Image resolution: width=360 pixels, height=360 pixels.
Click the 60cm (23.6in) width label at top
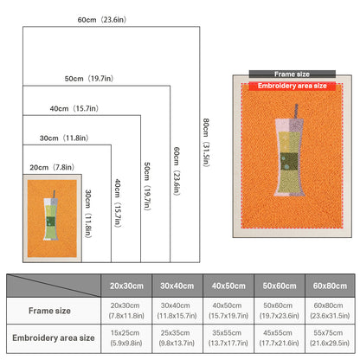pos(102,20)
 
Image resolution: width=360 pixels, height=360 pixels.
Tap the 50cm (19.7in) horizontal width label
pos(89,79)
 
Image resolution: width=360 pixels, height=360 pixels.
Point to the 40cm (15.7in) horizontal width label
pos(74,108)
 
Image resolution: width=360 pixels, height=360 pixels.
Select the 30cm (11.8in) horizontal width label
pos(64,138)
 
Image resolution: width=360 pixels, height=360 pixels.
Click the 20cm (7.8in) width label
pos(52,167)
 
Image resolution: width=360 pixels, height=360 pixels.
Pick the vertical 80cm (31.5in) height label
pos(206,142)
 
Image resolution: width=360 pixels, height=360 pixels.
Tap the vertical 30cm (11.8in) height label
pos(88,214)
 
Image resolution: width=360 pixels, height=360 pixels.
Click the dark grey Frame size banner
pos(292,74)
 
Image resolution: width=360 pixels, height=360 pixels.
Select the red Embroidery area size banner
pos(292,86)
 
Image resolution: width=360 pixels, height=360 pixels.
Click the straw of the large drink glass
pos(296,112)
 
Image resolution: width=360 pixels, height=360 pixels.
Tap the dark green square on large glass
pos(289,162)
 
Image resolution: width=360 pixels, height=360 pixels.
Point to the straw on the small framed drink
pos(54,194)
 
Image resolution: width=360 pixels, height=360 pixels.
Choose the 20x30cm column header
pos(126,286)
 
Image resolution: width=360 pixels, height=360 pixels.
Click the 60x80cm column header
pos(330,286)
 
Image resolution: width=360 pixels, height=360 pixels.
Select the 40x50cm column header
pos(228,286)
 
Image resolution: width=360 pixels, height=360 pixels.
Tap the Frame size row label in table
pos(49,311)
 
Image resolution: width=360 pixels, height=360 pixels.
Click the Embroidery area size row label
pos(54,337)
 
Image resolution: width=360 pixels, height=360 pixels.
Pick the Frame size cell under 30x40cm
pos(177,311)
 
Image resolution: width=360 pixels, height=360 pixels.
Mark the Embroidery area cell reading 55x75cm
pos(330,337)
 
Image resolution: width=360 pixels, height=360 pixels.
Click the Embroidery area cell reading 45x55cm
pos(279,337)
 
